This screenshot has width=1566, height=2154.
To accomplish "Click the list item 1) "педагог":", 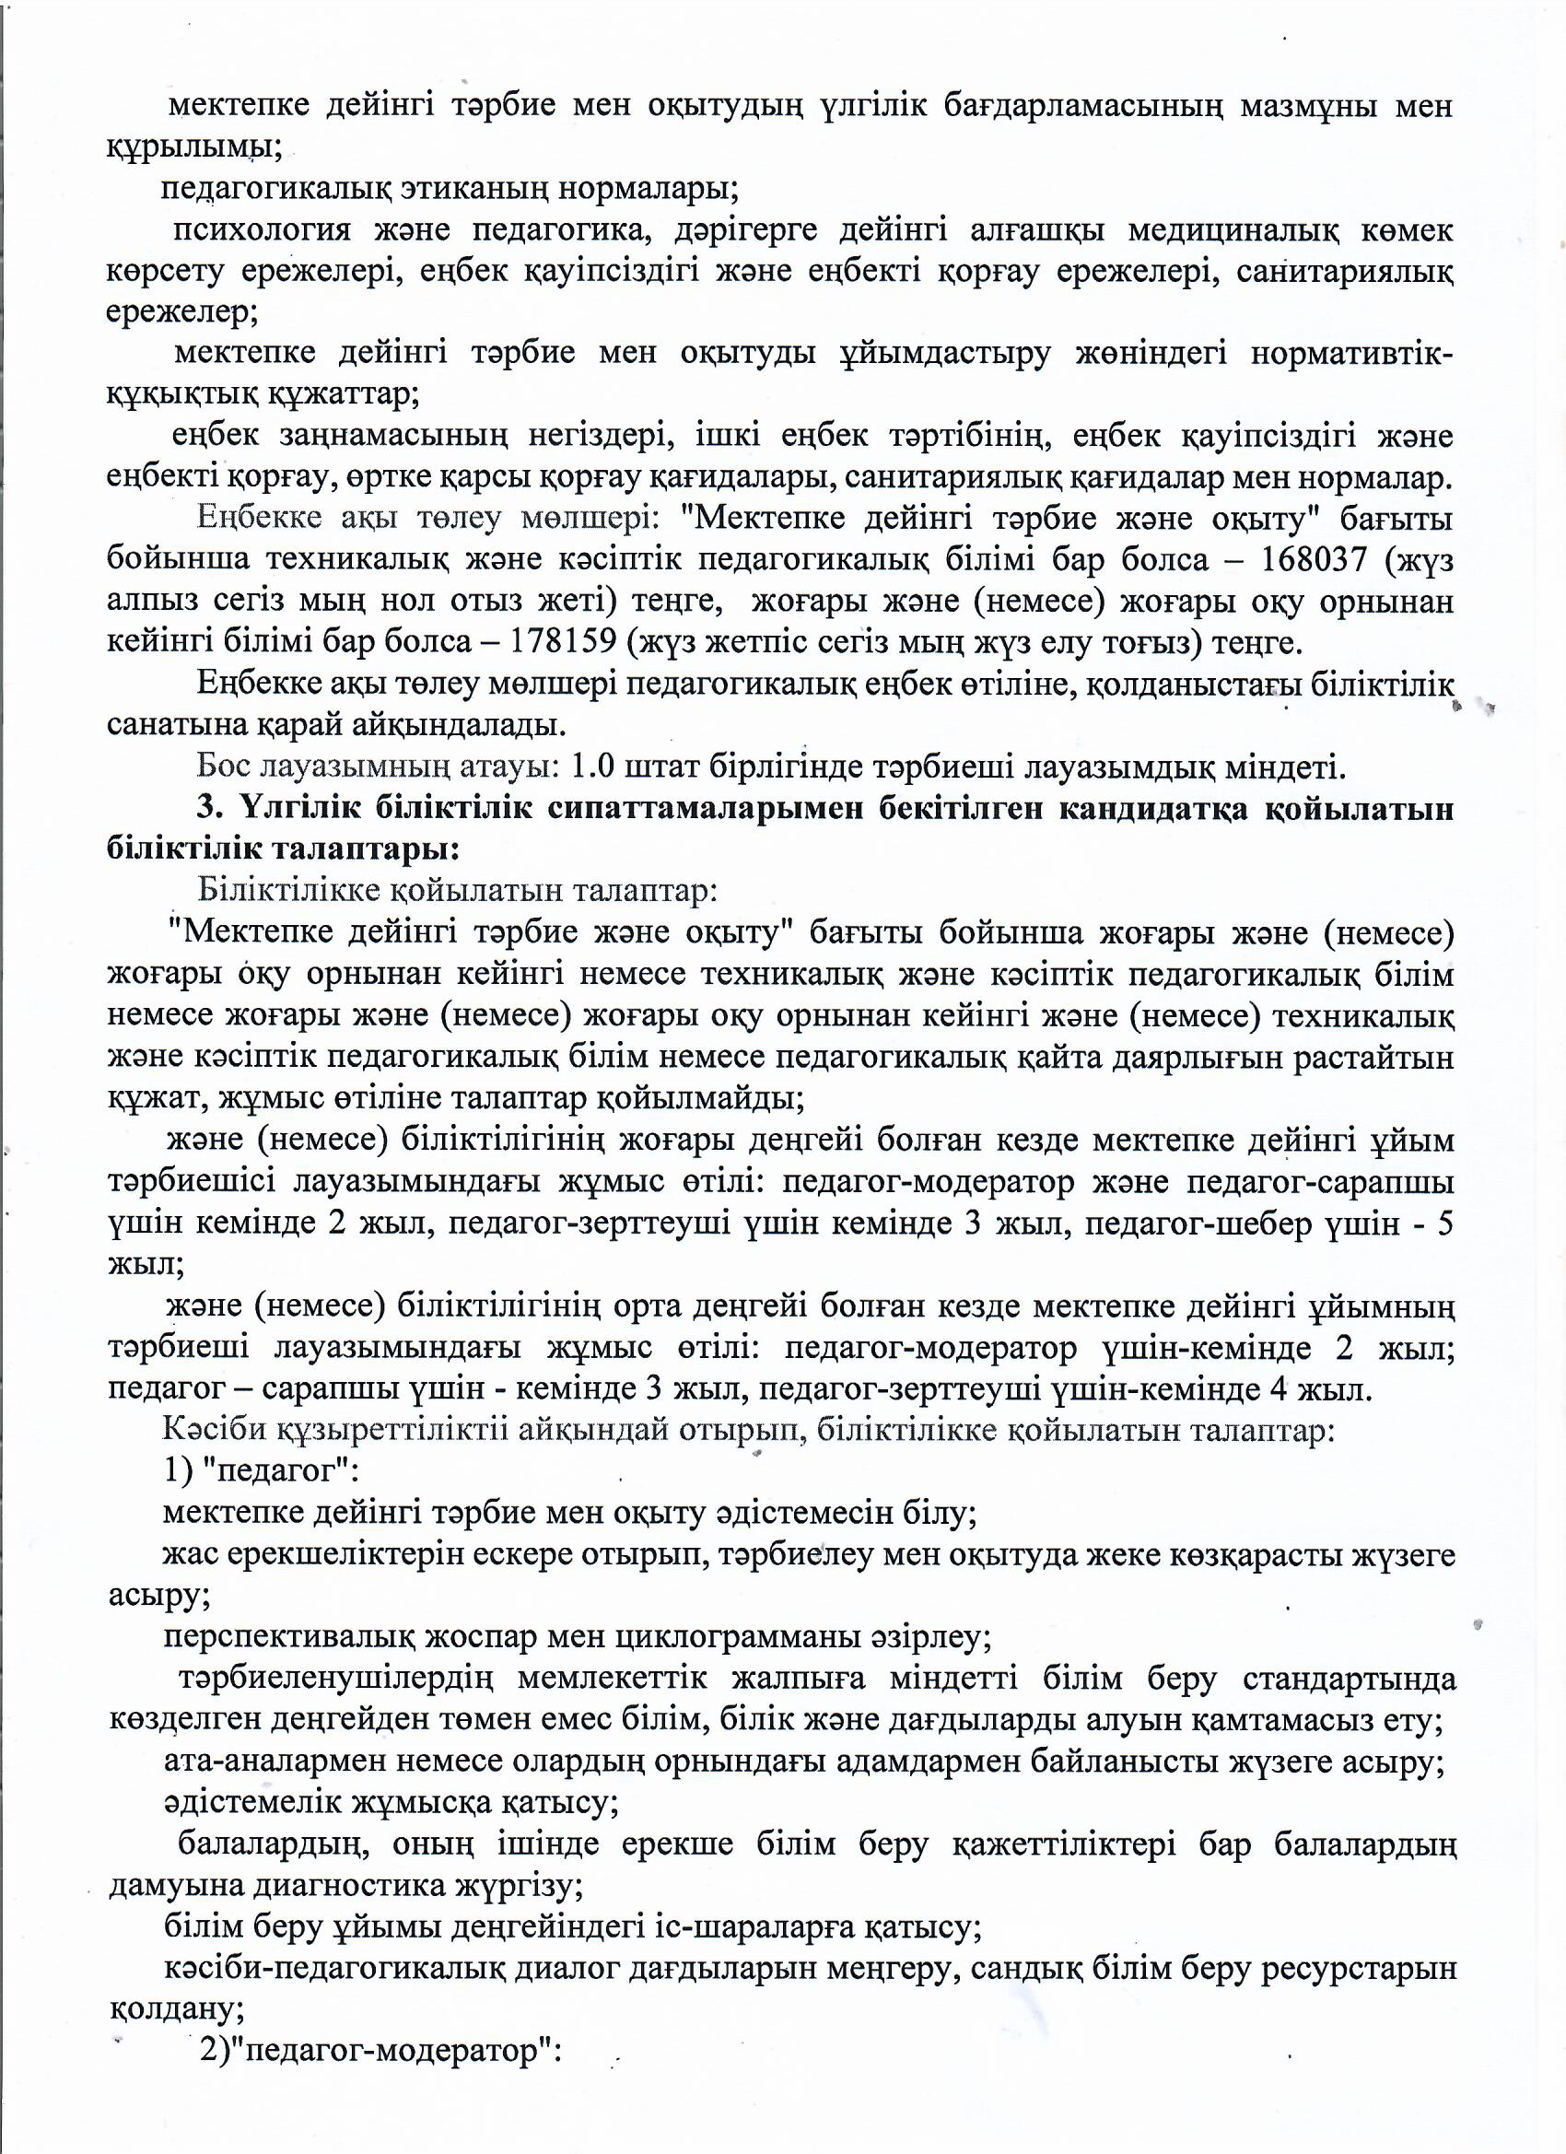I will pyautogui.click(x=260, y=1471).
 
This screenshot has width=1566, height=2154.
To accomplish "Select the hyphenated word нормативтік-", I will pyautogui.click(x=1350, y=352).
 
